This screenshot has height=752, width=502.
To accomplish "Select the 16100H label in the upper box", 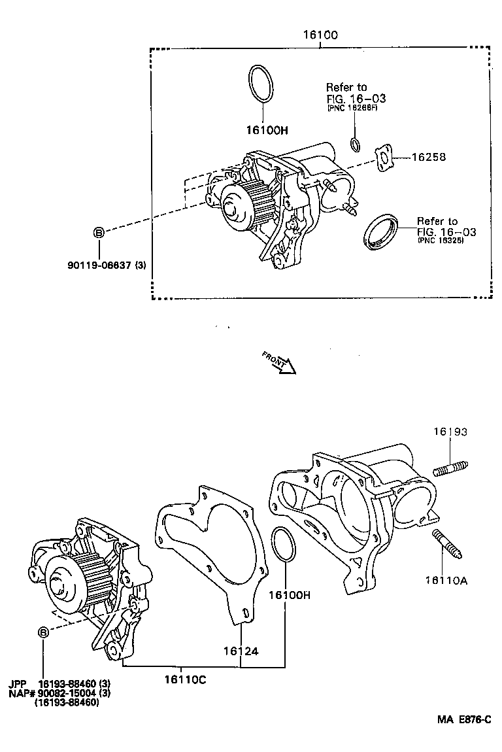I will tap(267, 130).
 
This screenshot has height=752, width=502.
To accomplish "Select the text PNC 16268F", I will tap(354, 109).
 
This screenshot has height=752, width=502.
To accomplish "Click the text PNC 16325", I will tap(441, 241).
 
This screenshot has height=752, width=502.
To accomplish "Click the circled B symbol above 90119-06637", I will tap(99, 232).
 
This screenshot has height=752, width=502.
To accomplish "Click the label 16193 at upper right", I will tap(450, 432).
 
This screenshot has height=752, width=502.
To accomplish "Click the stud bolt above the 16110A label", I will tap(447, 544).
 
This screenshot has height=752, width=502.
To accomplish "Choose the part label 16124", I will tap(241, 651).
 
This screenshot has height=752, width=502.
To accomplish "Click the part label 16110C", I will tap(185, 679).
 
